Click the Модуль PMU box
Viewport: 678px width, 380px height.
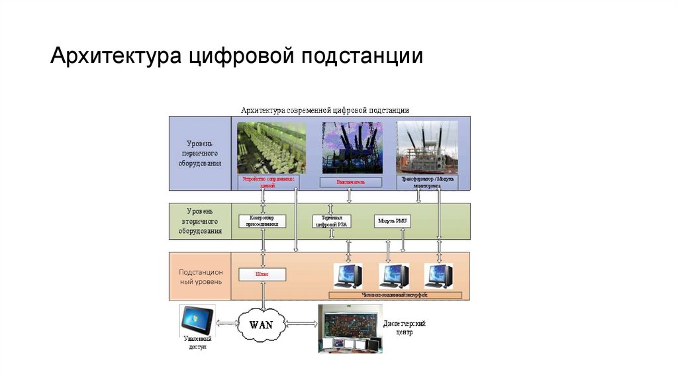[392, 221]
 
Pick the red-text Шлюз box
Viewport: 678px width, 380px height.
[262, 273]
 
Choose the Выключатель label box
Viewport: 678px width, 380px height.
[351, 181]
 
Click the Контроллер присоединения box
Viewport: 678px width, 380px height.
[262, 221]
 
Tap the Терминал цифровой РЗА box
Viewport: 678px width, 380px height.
[332, 221]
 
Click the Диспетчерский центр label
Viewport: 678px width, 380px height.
[404, 327]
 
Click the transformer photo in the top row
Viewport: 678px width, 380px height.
[427, 147]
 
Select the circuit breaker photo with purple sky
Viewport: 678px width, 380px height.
[350, 147]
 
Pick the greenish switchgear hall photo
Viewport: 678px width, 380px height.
[271, 147]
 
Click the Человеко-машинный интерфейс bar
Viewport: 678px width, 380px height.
[395, 294]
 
